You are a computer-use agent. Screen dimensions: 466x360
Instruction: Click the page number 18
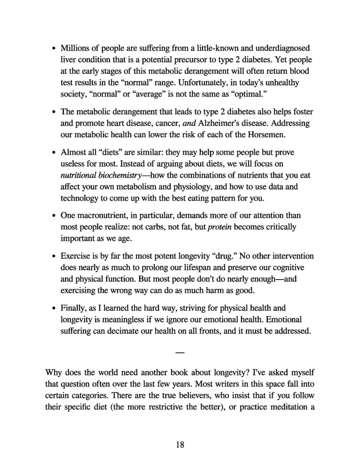(x=180, y=445)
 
